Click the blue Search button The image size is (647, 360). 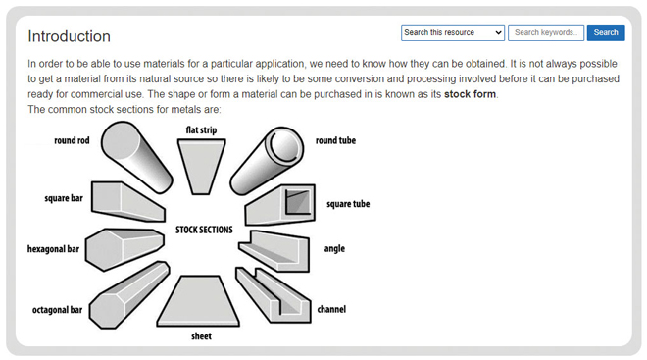tap(606, 32)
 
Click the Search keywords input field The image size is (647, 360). tap(546, 32)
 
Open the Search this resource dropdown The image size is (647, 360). tap(453, 32)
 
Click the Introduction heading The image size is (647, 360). tap(69, 36)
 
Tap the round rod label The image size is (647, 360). tap(72, 141)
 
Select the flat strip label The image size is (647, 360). tap(203, 129)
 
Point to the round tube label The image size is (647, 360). tap(335, 141)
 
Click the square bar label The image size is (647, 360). tap(64, 198)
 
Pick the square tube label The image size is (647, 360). tap(348, 204)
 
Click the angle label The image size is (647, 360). tap(334, 249)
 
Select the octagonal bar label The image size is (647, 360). tap(56, 310)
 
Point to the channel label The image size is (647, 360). tap(331, 310)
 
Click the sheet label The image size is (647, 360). tap(201, 336)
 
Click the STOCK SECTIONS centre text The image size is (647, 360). tap(204, 230)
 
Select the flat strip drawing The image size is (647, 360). tap(203, 162)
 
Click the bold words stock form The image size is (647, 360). tap(470, 94)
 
